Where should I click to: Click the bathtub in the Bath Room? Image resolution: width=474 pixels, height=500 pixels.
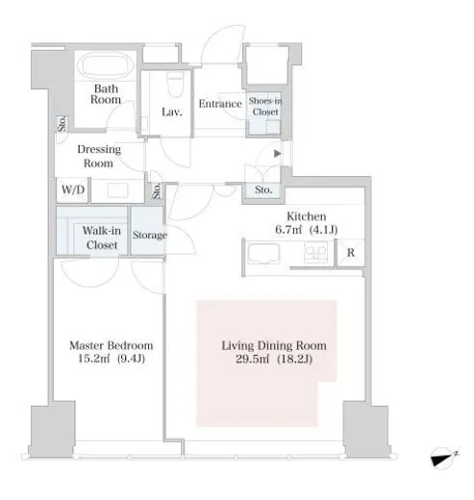pos(106,65)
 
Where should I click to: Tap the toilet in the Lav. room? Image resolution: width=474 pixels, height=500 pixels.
pos(176,83)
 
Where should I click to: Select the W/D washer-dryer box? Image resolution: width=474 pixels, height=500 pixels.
pos(73,190)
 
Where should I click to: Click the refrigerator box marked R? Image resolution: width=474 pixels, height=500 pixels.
pos(351,253)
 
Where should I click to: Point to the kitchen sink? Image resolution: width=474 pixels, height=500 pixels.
pos(263,253)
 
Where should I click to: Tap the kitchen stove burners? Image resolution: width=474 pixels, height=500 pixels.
pos(316,252)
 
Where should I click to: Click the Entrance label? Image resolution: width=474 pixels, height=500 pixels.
pos(220,104)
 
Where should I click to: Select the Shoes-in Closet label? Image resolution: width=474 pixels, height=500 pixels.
pos(265,107)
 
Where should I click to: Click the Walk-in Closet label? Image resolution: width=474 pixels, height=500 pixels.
pos(102,237)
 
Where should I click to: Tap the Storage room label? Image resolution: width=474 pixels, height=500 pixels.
pos(150,235)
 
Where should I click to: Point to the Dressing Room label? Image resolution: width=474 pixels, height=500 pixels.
pos(99,156)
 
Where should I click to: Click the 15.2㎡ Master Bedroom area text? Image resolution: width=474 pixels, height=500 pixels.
pos(112,359)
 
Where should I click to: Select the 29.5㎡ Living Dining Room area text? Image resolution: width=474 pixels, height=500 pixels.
pos(274,359)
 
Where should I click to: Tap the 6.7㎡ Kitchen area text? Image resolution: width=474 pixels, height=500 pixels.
pos(307,230)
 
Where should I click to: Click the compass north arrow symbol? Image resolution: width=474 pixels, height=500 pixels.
pos(443,458)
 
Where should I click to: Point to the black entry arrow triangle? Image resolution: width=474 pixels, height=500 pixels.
pos(278,154)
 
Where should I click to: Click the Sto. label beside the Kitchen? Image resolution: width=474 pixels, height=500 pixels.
pos(263,189)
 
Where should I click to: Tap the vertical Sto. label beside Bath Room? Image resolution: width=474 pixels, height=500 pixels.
pos(62,124)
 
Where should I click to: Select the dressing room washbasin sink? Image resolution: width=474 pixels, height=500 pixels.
pos(117,190)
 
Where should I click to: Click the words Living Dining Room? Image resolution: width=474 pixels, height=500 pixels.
pos(274,345)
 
